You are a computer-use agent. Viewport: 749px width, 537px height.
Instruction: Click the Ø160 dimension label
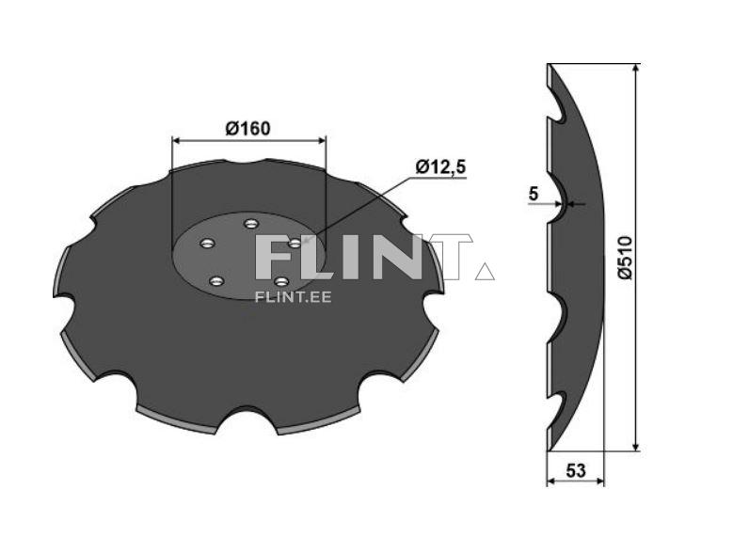[248, 128]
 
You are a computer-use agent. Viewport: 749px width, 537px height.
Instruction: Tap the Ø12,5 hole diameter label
[441, 166]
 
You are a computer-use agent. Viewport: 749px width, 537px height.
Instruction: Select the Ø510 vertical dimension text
[624, 257]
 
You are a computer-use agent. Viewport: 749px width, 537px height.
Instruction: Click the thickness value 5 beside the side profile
[534, 194]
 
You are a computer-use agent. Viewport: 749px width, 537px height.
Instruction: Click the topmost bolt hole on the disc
[250, 224]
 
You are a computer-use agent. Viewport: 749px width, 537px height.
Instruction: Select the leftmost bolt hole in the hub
[207, 245]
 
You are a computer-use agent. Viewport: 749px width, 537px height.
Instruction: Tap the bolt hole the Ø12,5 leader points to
[295, 243]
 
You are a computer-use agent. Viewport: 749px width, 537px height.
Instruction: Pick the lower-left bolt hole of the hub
[216, 281]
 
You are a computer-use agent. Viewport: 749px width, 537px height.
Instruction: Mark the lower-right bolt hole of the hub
[279, 280]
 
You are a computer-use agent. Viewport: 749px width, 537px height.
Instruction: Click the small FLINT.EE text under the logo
[293, 296]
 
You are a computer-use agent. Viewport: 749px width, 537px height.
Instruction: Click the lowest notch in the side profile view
[556, 407]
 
